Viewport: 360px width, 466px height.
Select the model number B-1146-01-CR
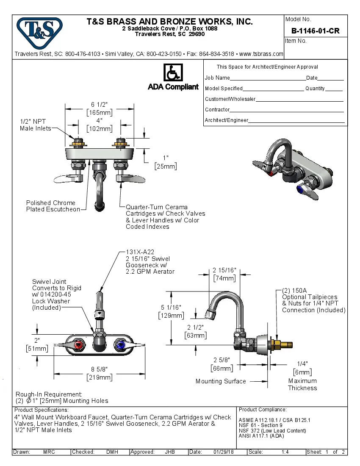[x=315, y=31]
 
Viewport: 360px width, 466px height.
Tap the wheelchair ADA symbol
[x=173, y=73]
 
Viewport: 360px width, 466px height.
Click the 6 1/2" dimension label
[x=100, y=105]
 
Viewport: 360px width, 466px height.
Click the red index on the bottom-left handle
[x=78, y=346]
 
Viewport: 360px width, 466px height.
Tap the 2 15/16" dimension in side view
[x=224, y=270]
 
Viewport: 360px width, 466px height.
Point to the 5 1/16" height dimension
[x=171, y=308]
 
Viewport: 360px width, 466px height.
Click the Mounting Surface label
[x=221, y=381]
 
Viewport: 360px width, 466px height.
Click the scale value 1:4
[x=285, y=452]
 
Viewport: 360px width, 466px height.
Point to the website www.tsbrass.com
[x=261, y=54]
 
